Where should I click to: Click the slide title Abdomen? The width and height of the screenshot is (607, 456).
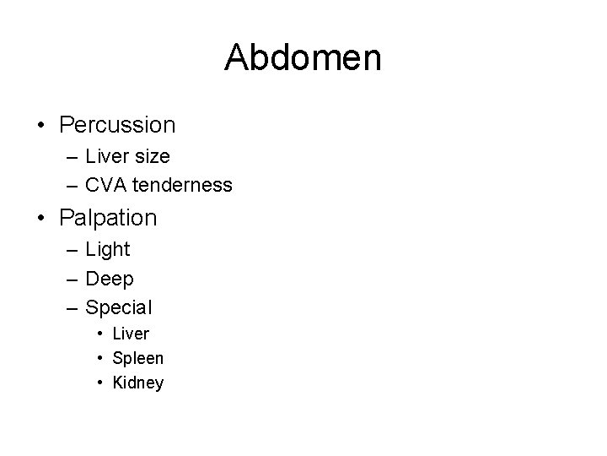(303, 58)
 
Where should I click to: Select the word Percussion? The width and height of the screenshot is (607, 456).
(117, 125)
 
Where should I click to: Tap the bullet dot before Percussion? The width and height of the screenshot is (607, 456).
(41, 126)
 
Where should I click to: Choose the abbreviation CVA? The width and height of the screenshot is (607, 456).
(105, 184)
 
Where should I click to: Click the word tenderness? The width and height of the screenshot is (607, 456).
(181, 184)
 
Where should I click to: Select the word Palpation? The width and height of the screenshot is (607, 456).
(108, 218)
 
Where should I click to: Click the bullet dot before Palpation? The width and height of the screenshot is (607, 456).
(41, 219)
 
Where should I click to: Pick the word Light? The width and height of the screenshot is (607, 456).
(108, 250)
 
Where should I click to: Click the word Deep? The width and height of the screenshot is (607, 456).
(110, 278)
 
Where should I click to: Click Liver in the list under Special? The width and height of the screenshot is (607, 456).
(131, 334)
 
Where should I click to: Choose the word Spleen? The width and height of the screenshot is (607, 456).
(137, 358)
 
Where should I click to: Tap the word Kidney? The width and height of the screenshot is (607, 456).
(138, 383)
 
